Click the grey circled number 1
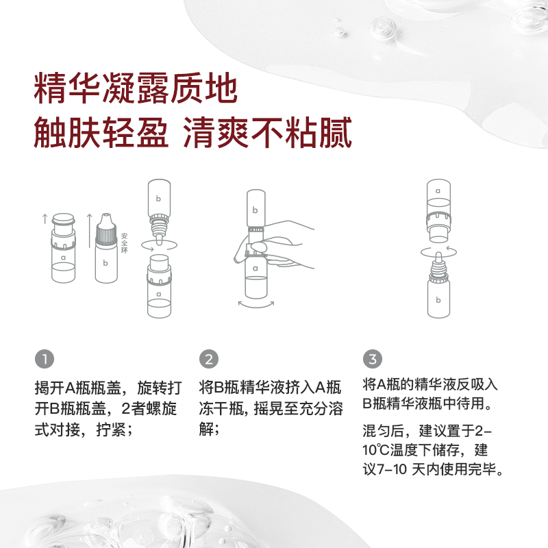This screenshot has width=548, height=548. [x=45, y=359]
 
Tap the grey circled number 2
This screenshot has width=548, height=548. [x=209, y=359]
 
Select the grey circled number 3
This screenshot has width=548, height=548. [x=373, y=359]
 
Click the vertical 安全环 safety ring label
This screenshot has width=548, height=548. [x=124, y=243]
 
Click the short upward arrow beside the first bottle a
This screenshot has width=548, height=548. [x=45, y=219]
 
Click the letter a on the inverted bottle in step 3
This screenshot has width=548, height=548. [x=438, y=191]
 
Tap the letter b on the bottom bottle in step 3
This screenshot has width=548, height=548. [x=438, y=299]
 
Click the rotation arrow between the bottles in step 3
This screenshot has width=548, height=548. [x=438, y=251]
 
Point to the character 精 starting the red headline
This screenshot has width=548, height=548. [x=50, y=88]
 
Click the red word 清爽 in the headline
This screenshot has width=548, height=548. [x=216, y=133]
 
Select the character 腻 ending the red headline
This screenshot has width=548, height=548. [x=336, y=133]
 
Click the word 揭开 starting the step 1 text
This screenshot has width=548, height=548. [x=49, y=388]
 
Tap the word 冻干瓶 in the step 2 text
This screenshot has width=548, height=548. [x=221, y=408]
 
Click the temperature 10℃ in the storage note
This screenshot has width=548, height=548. [x=375, y=450]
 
